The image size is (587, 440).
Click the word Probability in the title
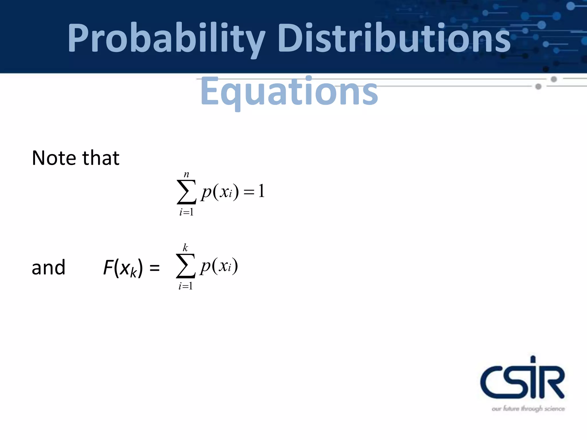pos(166,39)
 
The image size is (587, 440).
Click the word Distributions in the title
pos(394,39)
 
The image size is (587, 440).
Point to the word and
pos(48,268)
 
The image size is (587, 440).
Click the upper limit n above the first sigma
pos(187,174)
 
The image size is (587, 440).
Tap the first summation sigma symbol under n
pos(187,192)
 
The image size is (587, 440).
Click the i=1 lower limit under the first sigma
pos(187,212)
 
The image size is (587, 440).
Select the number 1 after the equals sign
pos(261,191)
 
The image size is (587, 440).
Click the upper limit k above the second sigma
pos(185,247)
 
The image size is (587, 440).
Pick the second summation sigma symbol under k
pos(186,266)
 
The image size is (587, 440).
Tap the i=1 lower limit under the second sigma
pos(186,286)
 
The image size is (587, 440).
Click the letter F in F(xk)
pos(108,268)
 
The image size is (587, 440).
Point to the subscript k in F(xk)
pos(134,273)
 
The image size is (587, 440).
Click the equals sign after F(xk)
pos(154,268)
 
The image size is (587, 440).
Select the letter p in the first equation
pos(206,192)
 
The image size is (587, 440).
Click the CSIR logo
pos(522,378)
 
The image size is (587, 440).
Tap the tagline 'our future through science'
pos(528,408)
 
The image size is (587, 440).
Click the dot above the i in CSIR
pos(533,359)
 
